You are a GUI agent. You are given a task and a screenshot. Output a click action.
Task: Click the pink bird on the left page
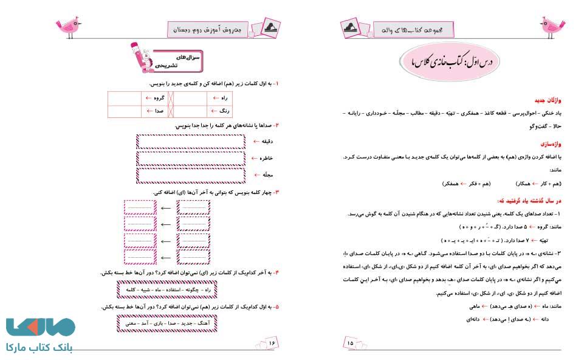pos(68,26)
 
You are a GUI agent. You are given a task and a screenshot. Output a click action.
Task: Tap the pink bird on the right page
pos(554,26)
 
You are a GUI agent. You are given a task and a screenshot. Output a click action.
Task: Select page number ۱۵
pos(351,344)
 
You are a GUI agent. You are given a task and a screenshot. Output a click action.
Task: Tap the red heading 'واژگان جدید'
pos(543,99)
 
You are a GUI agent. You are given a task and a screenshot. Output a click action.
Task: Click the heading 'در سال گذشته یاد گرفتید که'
pos(527,200)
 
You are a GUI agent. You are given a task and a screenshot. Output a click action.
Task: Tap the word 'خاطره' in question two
pos(265,158)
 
